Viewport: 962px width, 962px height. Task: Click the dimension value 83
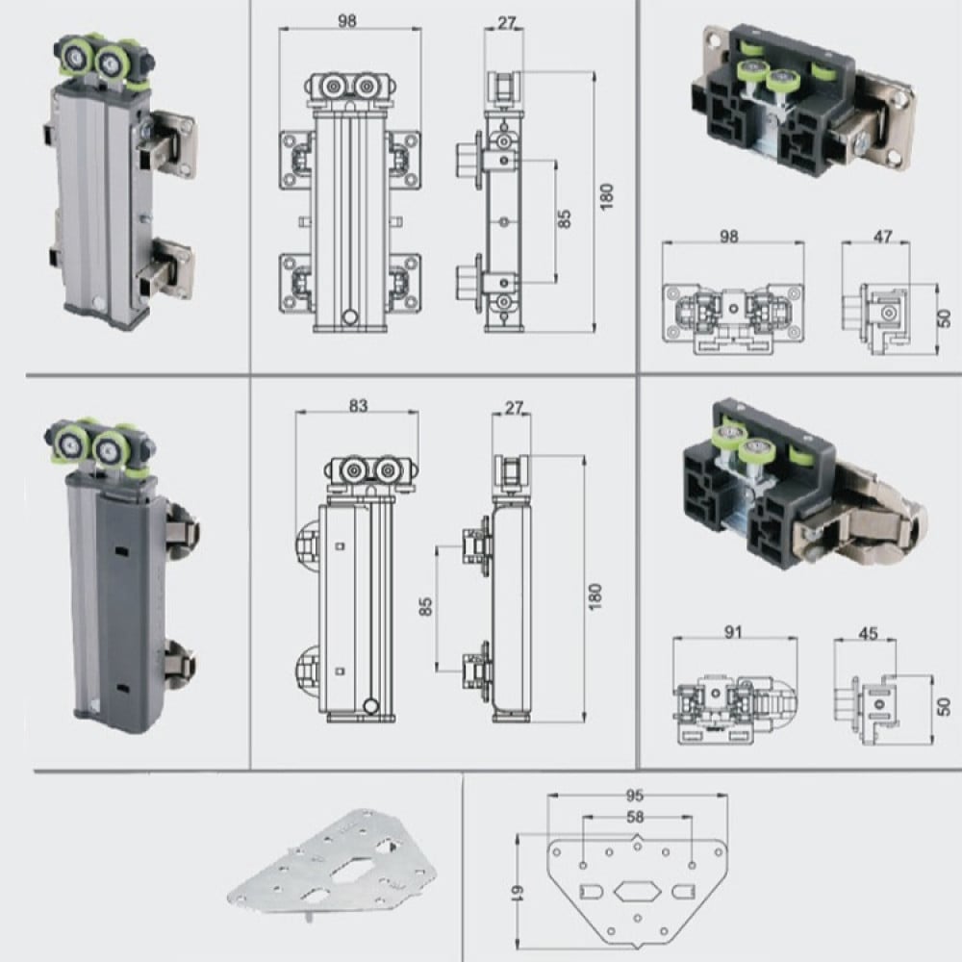click(x=358, y=406)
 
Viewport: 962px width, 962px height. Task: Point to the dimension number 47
click(x=882, y=237)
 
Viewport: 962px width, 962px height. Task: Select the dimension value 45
click(x=868, y=633)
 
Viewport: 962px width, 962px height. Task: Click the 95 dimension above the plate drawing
click(x=634, y=796)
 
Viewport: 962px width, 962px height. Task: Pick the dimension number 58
click(x=636, y=817)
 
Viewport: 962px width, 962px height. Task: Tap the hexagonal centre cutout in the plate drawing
click(x=638, y=891)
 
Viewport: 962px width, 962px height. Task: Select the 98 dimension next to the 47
click(x=728, y=237)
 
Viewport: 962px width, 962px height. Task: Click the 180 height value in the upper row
click(x=606, y=197)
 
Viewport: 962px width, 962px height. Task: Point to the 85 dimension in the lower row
click(x=425, y=606)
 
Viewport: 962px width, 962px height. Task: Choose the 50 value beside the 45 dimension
click(x=945, y=707)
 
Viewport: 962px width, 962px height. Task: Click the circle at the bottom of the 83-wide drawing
click(x=370, y=705)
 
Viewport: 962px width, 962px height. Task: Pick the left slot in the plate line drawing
click(x=592, y=890)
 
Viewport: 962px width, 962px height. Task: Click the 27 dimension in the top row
click(x=506, y=23)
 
